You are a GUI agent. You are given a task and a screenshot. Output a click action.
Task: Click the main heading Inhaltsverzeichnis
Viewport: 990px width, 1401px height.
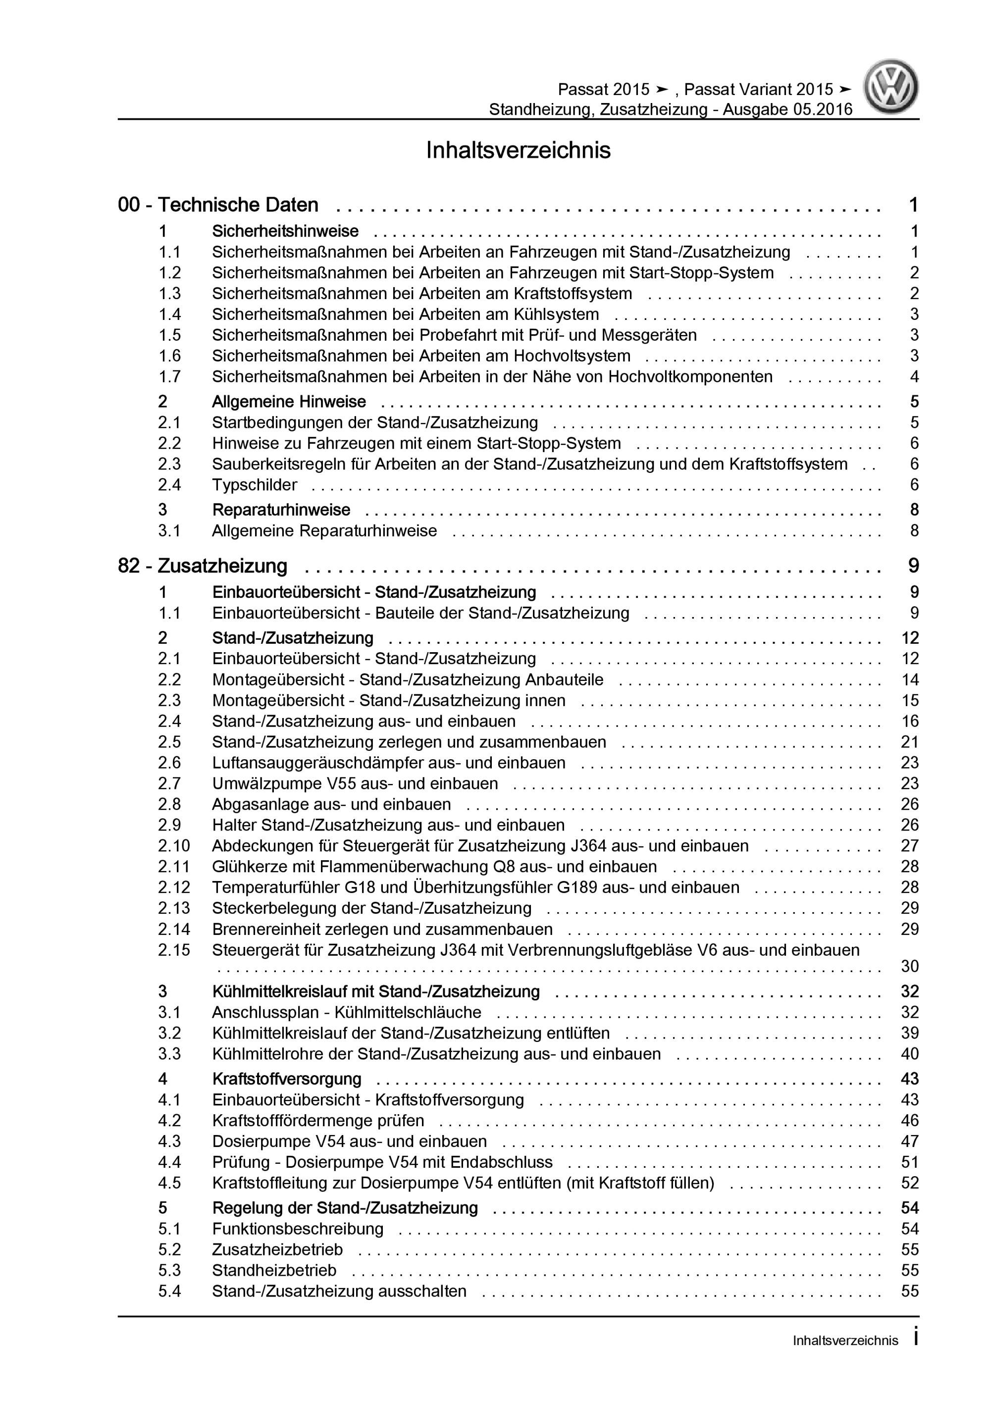(518, 151)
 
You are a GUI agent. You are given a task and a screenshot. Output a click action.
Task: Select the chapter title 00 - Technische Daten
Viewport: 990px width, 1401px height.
(218, 205)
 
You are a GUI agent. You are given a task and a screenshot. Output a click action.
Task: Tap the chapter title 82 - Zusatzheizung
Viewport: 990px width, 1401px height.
(203, 566)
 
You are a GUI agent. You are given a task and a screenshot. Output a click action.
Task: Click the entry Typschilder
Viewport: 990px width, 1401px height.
(255, 485)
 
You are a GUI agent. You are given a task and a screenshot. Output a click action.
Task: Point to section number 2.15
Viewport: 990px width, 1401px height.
(174, 950)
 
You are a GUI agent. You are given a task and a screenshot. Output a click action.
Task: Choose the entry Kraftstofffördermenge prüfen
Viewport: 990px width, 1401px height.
(318, 1120)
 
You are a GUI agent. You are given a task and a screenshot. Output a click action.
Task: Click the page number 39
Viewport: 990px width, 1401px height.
(909, 1033)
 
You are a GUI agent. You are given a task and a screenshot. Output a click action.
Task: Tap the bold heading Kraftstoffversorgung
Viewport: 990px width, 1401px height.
(287, 1079)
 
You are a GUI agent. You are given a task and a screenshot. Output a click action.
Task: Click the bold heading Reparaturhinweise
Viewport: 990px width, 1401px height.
(281, 510)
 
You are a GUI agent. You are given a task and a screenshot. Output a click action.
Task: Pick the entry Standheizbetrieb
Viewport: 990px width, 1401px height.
(274, 1270)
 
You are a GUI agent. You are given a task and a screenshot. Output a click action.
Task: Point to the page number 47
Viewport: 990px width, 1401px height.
(909, 1141)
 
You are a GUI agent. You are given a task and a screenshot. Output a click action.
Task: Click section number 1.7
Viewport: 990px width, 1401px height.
(170, 376)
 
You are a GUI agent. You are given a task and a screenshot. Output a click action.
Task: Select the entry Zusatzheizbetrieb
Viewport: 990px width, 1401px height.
(277, 1249)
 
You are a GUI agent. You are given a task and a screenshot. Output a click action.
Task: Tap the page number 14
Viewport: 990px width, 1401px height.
(909, 680)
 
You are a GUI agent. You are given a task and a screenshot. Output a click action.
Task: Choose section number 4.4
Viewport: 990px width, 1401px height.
(170, 1162)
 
